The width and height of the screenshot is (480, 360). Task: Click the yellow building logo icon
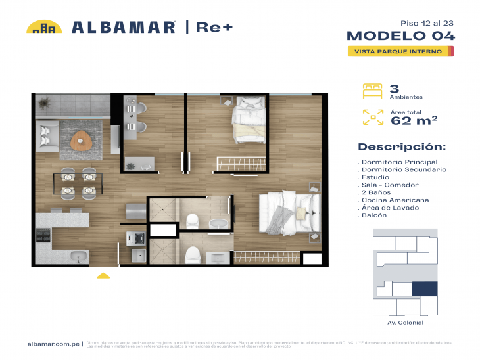pyautogui.click(x=44, y=27)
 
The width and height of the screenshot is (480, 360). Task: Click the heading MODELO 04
pyautogui.click(x=400, y=35)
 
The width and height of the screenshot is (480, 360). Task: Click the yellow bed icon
pyautogui.click(x=372, y=91)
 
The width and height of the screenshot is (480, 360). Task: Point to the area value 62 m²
pyautogui.click(x=414, y=120)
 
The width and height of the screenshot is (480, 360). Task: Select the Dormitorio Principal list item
pyautogui.click(x=398, y=162)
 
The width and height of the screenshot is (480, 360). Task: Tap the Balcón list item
pyautogui.click(x=373, y=215)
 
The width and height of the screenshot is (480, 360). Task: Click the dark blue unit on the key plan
pyautogui.click(x=424, y=289)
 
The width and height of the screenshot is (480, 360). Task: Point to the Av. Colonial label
pyautogui.click(x=406, y=323)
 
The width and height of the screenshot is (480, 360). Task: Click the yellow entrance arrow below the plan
pyautogui.click(x=103, y=276)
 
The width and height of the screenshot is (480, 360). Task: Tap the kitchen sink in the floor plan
pyautogui.click(x=80, y=256)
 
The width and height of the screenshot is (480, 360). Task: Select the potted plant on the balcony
pyautogui.click(x=45, y=102)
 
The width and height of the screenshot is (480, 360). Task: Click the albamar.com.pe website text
pyautogui.click(x=54, y=344)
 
